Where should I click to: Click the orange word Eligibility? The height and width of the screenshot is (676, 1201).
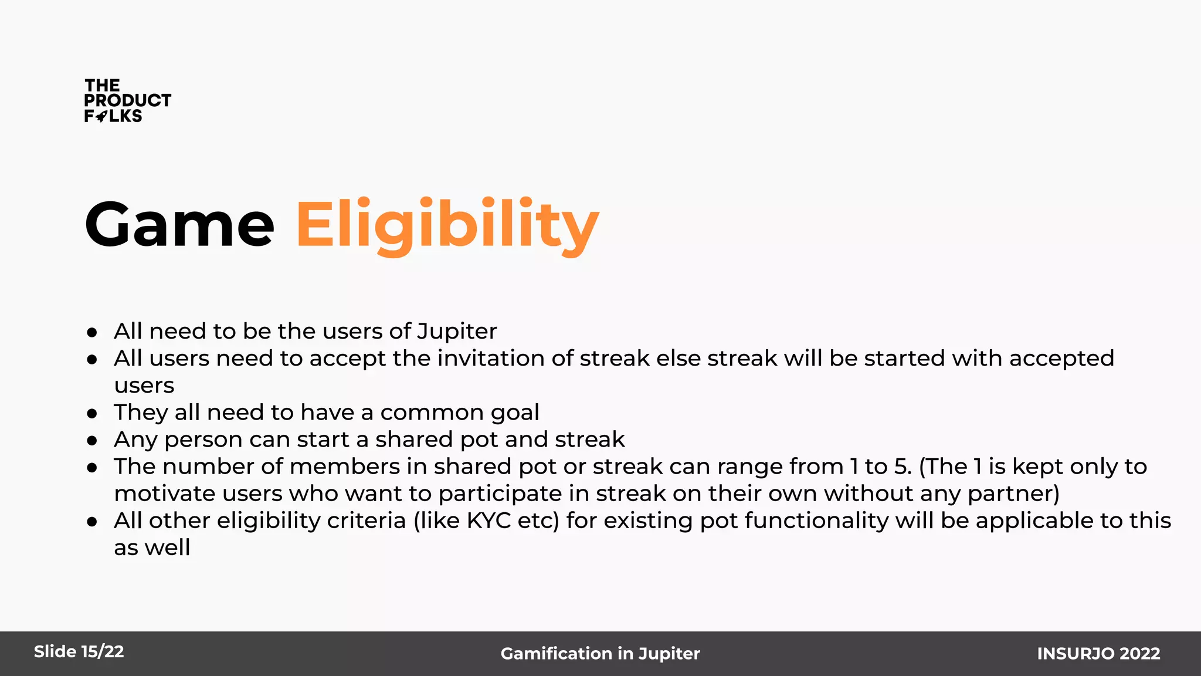pyautogui.click(x=447, y=225)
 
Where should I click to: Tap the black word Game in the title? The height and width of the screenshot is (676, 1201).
pyautogui.click(x=179, y=225)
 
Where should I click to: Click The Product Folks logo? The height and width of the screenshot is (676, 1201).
pyautogui.click(x=127, y=101)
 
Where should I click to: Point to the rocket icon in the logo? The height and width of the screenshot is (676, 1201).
pyautogui.click(x=101, y=116)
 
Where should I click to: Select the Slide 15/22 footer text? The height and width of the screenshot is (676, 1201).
pyautogui.click(x=79, y=651)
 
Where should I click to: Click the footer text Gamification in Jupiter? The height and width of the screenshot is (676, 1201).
pyautogui.click(x=600, y=653)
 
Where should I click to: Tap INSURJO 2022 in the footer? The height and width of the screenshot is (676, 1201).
pyautogui.click(x=1098, y=653)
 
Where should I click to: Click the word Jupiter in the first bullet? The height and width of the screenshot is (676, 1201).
pyautogui.click(x=457, y=332)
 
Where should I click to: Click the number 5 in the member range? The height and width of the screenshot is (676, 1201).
pyautogui.click(x=902, y=467)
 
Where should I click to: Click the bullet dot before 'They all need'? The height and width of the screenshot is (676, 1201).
pyautogui.click(x=91, y=414)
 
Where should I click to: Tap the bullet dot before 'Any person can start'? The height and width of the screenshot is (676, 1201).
pyautogui.click(x=91, y=441)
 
